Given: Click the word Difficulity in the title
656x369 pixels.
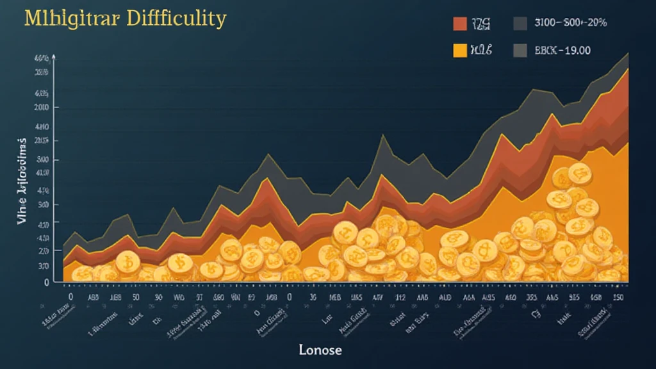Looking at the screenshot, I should pyautogui.click(x=185, y=19).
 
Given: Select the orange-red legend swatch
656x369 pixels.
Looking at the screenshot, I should pyautogui.click(x=460, y=24).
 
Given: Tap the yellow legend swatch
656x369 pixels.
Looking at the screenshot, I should pyautogui.click(x=460, y=51).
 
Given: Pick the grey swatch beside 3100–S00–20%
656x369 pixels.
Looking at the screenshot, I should pyautogui.click(x=520, y=24).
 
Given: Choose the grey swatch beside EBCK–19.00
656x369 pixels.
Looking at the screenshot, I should pyautogui.click(x=520, y=51).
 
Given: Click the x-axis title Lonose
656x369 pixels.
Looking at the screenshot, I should pyautogui.click(x=320, y=350).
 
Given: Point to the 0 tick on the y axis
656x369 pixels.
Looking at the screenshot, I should pyautogui.click(x=46, y=282).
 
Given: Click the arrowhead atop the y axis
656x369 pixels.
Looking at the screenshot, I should pyautogui.click(x=54, y=58).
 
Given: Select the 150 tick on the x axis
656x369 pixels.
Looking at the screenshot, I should pyautogui.click(x=618, y=298).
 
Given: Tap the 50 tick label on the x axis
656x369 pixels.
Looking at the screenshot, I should pyautogui.click(x=136, y=298).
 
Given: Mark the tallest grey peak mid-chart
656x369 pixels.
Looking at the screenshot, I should pyautogui.click(x=382, y=135).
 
